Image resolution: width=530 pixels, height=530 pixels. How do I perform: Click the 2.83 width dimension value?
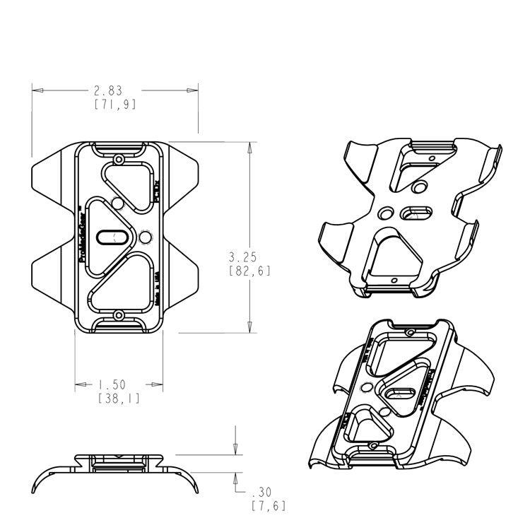(108, 90)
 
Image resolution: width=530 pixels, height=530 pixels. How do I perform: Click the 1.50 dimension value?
(112, 385)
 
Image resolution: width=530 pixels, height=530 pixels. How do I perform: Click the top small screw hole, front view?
(119, 159)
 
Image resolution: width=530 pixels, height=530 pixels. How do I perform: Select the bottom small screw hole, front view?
(119, 315)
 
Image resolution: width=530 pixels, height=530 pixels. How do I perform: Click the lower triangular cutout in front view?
(127, 283)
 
